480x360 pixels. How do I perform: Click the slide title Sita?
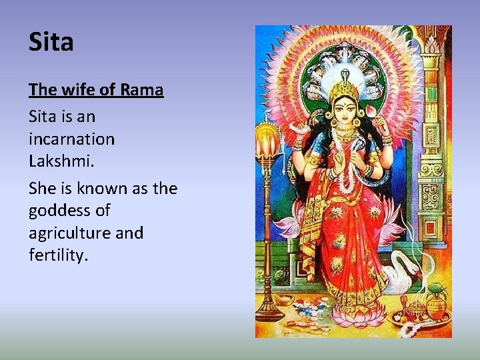[x=51, y=42]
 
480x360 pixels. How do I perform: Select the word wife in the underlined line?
[x=73, y=89]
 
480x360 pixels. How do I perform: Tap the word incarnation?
[x=71, y=139]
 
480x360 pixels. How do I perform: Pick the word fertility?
[x=59, y=255]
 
